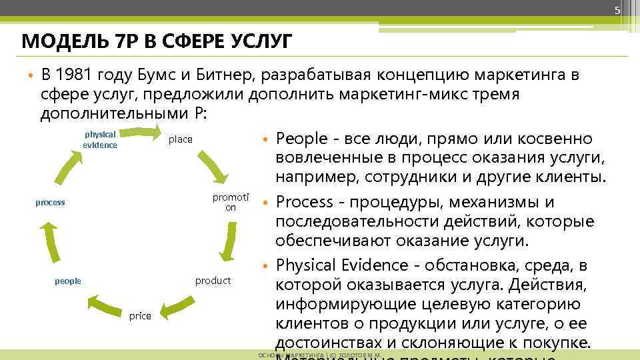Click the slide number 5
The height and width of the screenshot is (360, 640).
coord(617,10)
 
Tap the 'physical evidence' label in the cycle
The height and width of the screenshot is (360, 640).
coord(100,139)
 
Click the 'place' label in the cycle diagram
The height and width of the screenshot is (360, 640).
coord(180,139)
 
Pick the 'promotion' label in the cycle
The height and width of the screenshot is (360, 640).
coord(230,202)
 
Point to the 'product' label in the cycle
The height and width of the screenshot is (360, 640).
coord(213,281)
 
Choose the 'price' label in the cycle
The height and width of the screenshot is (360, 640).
coord(140,316)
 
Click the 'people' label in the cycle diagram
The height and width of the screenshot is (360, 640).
coord(67,281)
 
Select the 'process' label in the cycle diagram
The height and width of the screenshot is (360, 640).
coord(50,202)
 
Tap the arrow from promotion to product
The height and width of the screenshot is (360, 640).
coord(230,241)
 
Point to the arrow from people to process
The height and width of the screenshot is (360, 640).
coord(48,241)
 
